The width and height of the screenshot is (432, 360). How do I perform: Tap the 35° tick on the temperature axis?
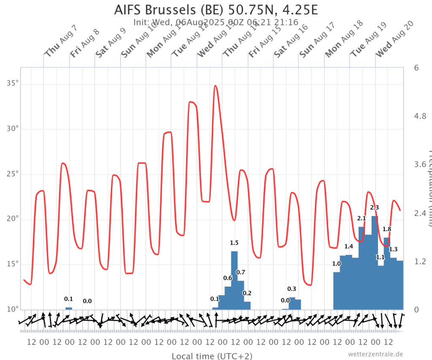[13, 84]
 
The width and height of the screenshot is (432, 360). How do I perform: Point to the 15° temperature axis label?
[13, 264]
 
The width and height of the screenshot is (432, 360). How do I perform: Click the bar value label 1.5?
[234, 243]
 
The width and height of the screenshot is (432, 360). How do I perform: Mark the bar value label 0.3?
[292, 289]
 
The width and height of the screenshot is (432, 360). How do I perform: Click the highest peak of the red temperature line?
[216, 86]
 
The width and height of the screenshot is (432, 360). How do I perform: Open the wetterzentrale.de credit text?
[376, 354]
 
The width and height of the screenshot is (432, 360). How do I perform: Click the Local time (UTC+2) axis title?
[212, 356]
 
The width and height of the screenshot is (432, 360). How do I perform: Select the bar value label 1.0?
[336, 264]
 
